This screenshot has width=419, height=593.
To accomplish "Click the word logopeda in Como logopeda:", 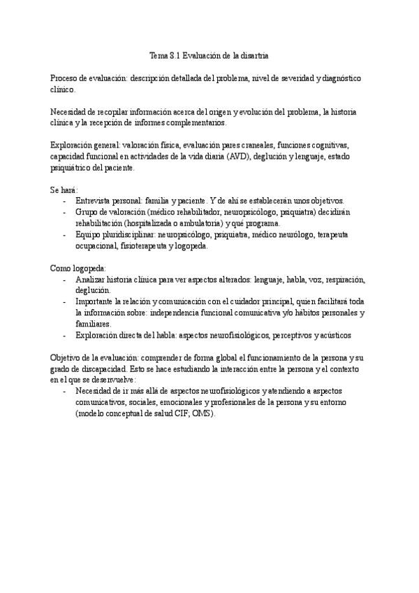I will (x=90, y=268).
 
